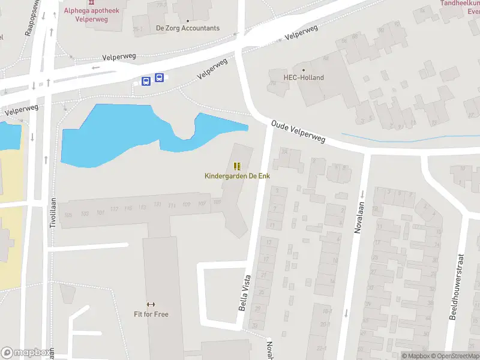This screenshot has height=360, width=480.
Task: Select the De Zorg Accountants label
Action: point(188,28)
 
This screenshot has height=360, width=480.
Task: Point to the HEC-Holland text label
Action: point(304,77)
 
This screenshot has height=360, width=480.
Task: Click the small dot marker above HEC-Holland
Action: point(304,69)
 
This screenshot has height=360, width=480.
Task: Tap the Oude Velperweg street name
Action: point(298,131)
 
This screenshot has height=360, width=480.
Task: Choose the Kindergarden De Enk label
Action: point(238,176)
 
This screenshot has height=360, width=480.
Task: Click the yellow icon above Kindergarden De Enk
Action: point(238,166)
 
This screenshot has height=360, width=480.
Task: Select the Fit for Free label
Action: point(151,314)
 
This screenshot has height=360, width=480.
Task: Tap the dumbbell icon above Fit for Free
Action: point(151,305)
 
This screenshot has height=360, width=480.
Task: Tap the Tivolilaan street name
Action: point(53,213)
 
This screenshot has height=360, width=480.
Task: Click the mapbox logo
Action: point(25,353)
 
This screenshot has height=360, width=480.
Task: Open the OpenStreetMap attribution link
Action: point(456,356)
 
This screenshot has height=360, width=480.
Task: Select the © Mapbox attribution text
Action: point(415,356)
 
